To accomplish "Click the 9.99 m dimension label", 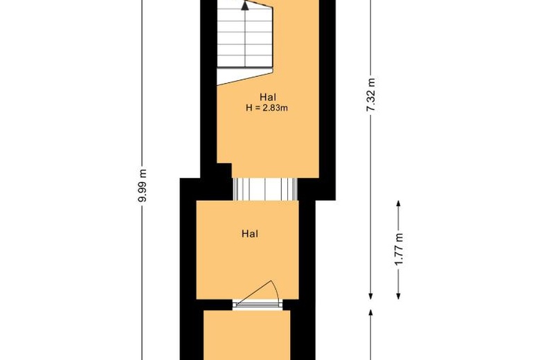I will click(142, 186).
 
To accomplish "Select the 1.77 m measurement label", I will click(399, 250).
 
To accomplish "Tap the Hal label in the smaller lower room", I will click(250, 234).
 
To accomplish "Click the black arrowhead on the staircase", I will click(244, 6).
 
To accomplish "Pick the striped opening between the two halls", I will click(264, 188).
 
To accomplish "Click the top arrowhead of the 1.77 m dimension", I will click(399, 204).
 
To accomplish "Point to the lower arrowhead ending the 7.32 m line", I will click(372, 291).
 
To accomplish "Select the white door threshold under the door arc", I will click(257, 303).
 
